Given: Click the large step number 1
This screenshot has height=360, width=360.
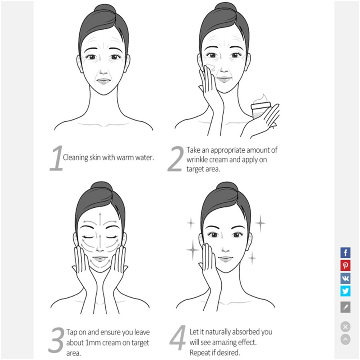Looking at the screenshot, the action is click(56, 158).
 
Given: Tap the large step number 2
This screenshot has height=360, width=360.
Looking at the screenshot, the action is click(176, 159).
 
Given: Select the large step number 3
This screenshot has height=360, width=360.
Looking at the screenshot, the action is click(56, 340).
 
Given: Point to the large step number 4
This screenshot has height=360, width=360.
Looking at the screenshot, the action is click(178, 337).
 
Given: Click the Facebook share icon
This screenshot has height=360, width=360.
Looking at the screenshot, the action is click(345, 253).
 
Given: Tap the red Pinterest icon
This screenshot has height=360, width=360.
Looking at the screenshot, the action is click(345, 266).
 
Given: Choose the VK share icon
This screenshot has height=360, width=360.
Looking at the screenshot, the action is click(345, 278).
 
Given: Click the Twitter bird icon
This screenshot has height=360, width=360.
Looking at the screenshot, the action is click(345, 291).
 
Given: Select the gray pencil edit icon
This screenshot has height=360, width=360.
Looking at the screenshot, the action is click(345, 307).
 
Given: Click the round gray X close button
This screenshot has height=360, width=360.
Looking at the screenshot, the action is click(345, 327).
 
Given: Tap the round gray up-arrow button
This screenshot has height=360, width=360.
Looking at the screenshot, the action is click(345, 339).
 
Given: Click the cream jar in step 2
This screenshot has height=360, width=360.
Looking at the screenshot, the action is click(260, 110).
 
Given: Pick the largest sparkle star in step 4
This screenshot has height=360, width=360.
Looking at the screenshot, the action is click(193, 249).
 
